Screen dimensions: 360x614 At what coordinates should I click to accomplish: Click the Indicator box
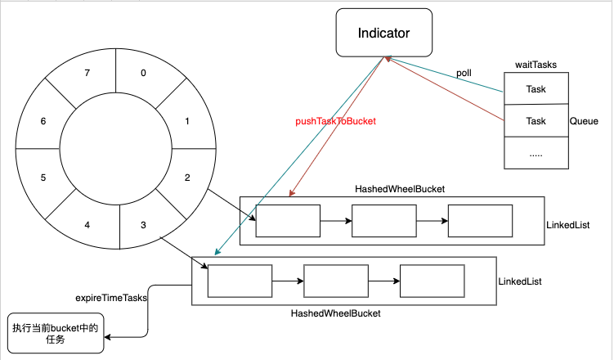pyautogui.click(x=383, y=34)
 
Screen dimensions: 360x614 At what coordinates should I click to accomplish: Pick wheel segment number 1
pyautogui.click(x=187, y=121)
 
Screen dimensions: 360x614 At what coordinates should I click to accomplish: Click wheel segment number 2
pyautogui.click(x=187, y=178)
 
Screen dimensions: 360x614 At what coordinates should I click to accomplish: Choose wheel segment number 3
pyautogui.click(x=145, y=225)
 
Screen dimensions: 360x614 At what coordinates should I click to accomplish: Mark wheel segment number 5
pyautogui.click(x=44, y=178)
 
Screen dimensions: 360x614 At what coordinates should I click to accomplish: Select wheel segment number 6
pyautogui.click(x=44, y=121)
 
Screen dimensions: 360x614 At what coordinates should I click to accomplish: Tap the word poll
pyautogui.click(x=464, y=73)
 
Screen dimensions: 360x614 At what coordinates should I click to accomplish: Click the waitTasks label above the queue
pyautogui.click(x=535, y=64)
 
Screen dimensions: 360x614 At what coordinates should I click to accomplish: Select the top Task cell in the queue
pyautogui.click(x=536, y=88)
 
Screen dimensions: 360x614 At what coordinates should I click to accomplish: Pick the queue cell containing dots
pyautogui.click(x=536, y=153)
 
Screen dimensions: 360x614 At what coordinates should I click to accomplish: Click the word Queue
pyautogui.click(x=585, y=120)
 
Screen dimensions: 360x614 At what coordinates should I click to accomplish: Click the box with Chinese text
pyautogui.click(x=56, y=334)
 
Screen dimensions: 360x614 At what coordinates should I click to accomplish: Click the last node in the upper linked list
pyautogui.click(x=481, y=221)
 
